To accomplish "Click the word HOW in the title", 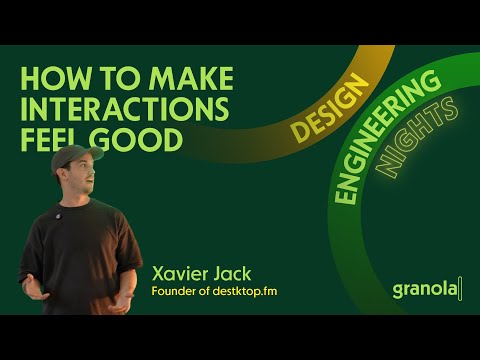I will coord(49,79).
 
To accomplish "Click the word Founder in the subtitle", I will coord(174,292).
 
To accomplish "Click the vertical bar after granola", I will coord(462,289).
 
